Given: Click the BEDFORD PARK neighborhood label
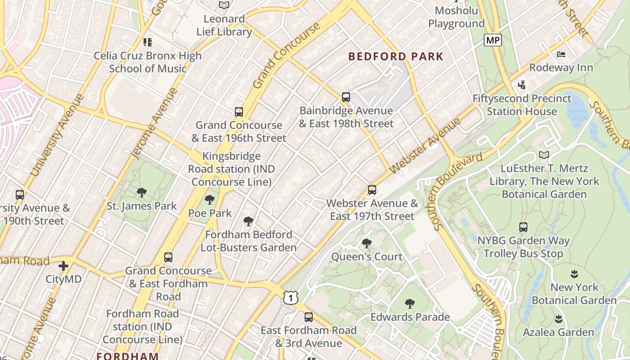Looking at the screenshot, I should tap(396, 57).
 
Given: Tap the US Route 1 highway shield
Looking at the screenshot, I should tap(291, 297).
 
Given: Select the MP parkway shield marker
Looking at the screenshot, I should tap(493, 40).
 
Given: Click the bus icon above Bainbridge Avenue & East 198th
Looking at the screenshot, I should tap(346, 97).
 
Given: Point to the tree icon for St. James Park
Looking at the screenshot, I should tap(142, 193).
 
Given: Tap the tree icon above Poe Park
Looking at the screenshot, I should tap(209, 200).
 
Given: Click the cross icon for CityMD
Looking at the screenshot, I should tap(63, 265).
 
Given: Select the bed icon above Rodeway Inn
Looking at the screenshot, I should tap(561, 54).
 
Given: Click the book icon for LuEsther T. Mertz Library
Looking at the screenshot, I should tap(544, 155).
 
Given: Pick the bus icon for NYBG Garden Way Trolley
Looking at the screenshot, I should tap(523, 227).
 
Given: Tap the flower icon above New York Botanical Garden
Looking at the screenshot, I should tap(574, 274).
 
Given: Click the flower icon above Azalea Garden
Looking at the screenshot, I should tap(558, 319).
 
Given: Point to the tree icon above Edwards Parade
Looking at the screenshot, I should tap(409, 304).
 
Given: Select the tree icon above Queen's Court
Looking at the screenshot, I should tap(367, 243).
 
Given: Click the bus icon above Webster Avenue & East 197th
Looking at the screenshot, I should tap(372, 190).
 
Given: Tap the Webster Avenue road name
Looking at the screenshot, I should tap(425, 145).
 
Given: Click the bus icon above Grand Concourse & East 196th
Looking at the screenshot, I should tap(239, 112).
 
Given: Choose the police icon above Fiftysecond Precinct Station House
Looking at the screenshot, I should tap(522, 85).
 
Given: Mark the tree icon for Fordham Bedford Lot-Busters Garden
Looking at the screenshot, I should tap(248, 221).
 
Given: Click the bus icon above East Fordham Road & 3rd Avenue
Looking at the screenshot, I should tap(309, 317).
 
